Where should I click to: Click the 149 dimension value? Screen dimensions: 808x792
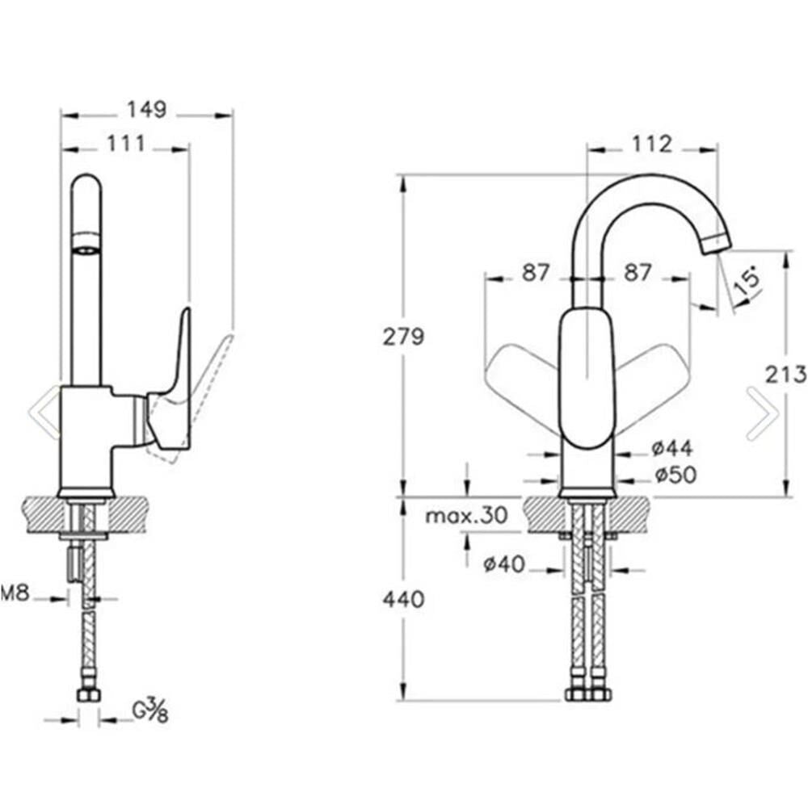147,109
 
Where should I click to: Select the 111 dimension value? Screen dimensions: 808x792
126,144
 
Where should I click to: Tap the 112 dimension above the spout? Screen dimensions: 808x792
652,145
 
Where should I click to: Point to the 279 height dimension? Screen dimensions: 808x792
403,337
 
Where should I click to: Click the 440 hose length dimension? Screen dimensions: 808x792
403,599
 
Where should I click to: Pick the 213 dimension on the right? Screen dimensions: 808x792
785,375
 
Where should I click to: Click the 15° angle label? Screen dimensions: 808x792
747,280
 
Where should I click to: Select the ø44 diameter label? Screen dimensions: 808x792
672,449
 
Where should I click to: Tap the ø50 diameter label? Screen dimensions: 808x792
675,475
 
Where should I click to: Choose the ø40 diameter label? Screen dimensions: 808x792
504,564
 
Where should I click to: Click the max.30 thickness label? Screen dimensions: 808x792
466,515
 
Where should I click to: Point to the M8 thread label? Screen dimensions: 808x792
15,594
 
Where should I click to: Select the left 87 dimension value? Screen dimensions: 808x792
536,272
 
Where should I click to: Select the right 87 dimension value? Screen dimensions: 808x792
638,272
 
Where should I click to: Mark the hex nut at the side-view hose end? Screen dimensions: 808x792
89,695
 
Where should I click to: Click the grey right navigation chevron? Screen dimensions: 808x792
762,413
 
